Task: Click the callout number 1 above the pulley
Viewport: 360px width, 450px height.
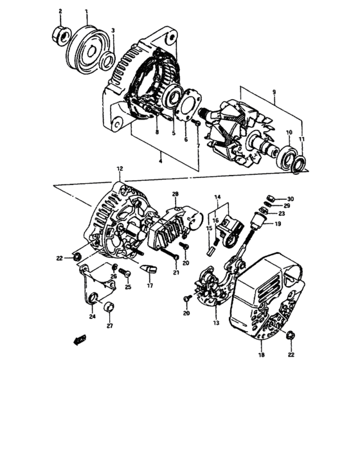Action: pos(87,12)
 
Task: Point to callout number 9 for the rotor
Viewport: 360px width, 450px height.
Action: pos(274,93)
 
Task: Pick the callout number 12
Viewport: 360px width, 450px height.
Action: pos(119,168)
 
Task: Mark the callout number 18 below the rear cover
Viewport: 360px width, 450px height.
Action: pos(261,354)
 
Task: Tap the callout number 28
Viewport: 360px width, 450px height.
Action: pos(174,194)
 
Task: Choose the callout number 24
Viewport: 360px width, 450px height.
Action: pos(93,316)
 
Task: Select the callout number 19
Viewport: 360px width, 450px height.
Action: pos(278,224)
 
